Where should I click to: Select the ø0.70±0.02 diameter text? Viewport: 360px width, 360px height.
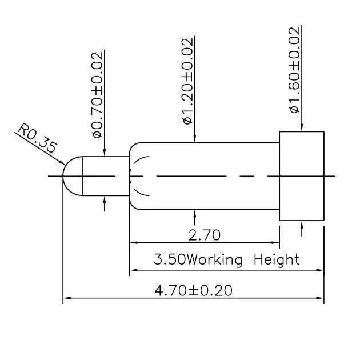(97, 95)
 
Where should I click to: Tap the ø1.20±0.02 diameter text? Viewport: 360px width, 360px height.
(187, 81)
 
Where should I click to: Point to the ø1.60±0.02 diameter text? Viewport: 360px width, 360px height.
(294, 70)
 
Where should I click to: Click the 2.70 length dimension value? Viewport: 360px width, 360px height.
(205, 235)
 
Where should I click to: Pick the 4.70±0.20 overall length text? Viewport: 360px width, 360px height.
(194, 290)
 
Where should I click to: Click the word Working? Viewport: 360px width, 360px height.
(214, 260)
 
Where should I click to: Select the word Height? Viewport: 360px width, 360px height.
(277, 259)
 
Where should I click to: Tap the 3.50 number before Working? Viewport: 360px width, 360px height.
(170, 259)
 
